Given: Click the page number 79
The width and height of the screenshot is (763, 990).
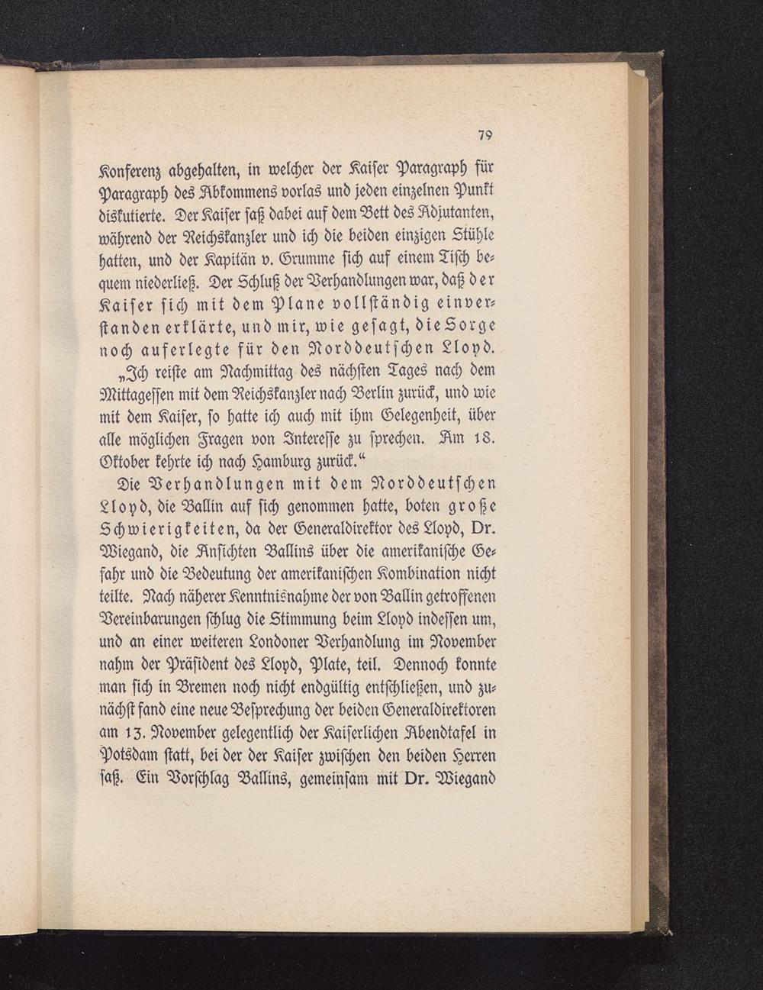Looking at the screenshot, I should point(484,135).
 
